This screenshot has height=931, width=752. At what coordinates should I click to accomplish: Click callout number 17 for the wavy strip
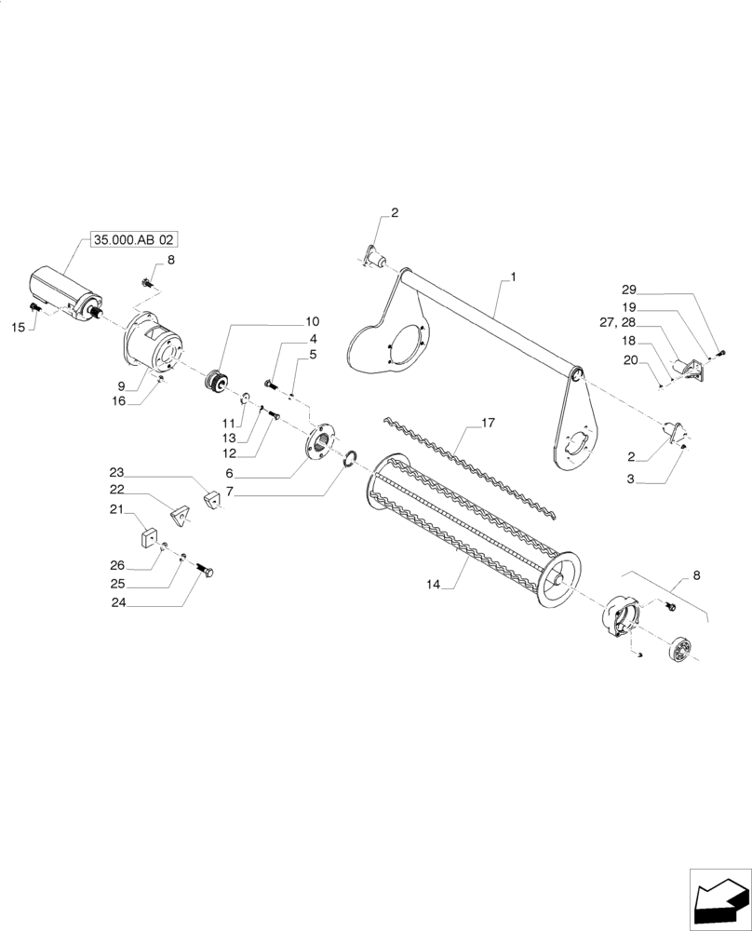point(487,424)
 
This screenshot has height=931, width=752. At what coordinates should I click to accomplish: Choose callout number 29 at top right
point(628,290)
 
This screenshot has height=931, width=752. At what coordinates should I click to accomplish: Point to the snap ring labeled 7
point(350,460)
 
